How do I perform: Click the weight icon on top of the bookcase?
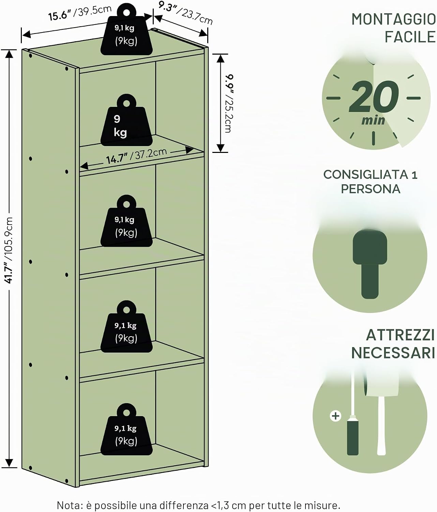pos(126,29)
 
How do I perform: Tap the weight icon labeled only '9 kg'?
pos(126,120)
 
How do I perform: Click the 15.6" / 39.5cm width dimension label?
pos(80,13)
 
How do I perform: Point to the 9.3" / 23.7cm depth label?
pos(185,13)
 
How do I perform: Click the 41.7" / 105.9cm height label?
pos(9,250)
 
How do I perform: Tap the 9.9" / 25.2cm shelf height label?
pos(229,103)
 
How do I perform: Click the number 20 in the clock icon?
pos(374,97)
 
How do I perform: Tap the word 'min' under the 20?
pos(373,120)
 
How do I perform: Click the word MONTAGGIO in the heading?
pos(393,19)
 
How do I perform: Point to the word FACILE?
pos(410,37)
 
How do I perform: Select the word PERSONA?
pos(371,189)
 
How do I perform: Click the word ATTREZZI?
pos(400,336)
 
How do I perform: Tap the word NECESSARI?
pos(393,353)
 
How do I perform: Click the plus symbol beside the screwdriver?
pos(335,416)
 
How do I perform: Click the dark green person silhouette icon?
pos(370,264)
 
